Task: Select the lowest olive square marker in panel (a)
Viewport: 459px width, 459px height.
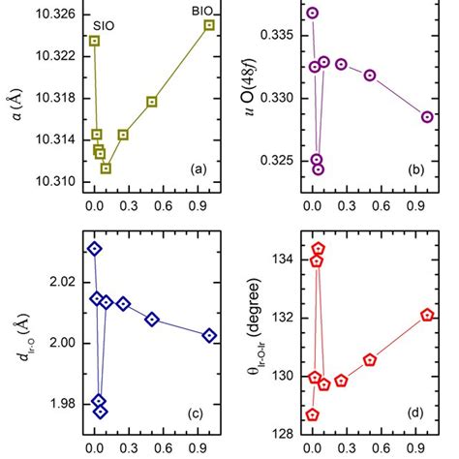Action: [106, 168]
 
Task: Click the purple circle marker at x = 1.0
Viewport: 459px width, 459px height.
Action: [427, 117]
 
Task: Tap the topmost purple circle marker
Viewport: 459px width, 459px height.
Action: [312, 14]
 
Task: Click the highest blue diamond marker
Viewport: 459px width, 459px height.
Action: [95, 249]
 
